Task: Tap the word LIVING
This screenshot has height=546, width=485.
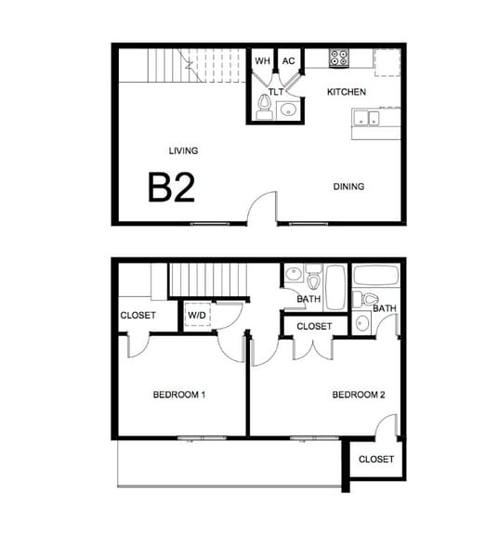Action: (183, 150)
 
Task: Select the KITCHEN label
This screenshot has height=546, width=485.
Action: (347, 92)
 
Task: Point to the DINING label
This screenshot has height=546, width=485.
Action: (348, 187)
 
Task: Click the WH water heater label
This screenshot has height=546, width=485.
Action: (262, 61)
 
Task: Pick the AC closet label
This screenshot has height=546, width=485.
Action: (289, 61)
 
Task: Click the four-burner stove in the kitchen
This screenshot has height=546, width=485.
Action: (338, 58)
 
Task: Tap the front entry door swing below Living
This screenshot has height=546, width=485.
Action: (265, 208)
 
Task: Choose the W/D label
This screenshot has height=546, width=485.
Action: (197, 316)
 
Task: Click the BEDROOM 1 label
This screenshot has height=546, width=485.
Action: (178, 395)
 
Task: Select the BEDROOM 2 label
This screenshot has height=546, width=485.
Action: (359, 395)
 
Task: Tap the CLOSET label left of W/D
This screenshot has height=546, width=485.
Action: (138, 316)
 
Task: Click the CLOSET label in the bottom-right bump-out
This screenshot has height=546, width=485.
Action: (375, 460)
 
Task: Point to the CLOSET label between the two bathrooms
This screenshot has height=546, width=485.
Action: (314, 327)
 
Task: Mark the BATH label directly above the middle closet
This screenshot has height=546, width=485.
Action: (308, 299)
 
